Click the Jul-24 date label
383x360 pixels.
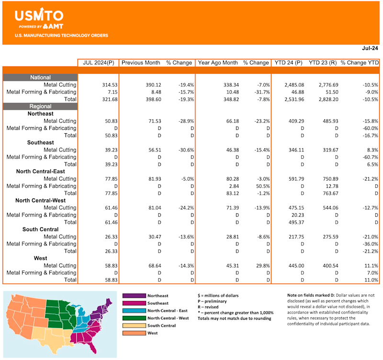[370, 48]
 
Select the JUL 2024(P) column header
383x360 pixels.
[99, 63]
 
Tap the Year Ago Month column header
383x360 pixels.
[218, 63]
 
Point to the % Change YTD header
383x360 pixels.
[360, 63]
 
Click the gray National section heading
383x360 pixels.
[40, 78]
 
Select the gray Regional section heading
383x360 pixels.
[40, 106]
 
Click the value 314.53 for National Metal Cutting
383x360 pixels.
[110, 85]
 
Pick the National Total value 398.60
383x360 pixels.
[153, 99]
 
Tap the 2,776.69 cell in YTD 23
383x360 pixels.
[328, 85]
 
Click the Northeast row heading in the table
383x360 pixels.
[40, 114]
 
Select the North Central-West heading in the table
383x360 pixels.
[40, 200]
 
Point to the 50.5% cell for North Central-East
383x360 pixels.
[263, 186]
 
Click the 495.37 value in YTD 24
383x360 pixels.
[296, 222]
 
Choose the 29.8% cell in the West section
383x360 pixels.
[263, 266]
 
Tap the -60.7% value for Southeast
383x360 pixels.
[370, 157]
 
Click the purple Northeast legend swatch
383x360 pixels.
[134, 296]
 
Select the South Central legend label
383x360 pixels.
[161, 325]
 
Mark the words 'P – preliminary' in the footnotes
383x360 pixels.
[212, 302]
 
